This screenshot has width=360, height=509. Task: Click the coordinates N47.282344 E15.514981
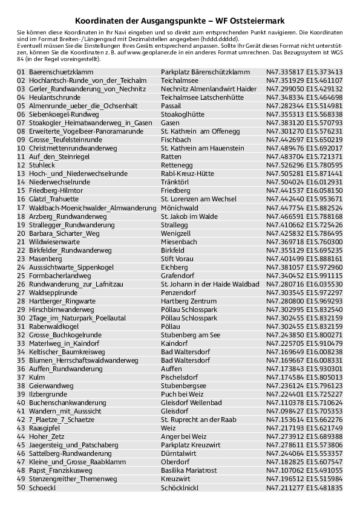click(304, 106)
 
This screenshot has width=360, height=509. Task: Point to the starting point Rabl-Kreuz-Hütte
click(188, 173)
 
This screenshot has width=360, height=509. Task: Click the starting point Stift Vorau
click(179, 259)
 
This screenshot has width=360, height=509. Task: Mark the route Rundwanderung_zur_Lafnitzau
click(76, 284)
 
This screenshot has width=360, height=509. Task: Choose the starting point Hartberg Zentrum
click(189, 301)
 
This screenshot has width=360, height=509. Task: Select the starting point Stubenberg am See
click(191, 335)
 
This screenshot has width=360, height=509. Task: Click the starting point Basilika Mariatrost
click(191, 470)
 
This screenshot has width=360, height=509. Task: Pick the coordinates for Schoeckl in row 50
click(304, 487)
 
